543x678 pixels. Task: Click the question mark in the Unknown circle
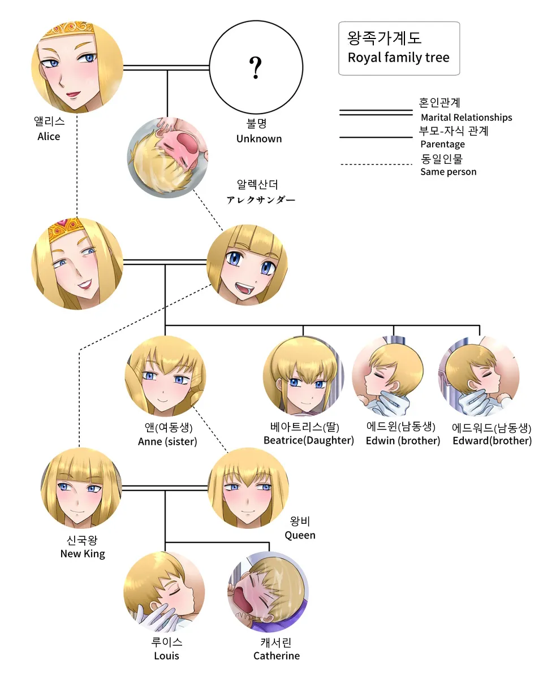[x=256, y=67]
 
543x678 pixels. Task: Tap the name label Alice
[x=49, y=136]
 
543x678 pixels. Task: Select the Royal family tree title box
[x=399, y=48]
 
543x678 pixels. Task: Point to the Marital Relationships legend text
[x=466, y=118]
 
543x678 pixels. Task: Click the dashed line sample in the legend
[x=376, y=165]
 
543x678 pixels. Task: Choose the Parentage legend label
[x=442, y=144]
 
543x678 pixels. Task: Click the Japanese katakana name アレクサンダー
[x=261, y=200]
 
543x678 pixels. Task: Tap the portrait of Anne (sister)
[x=165, y=376]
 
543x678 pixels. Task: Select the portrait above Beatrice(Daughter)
[x=304, y=376]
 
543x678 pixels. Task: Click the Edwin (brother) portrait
[x=392, y=376]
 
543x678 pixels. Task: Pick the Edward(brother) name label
[x=492, y=441]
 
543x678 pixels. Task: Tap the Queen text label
[x=300, y=535]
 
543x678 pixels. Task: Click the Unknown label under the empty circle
[x=258, y=138]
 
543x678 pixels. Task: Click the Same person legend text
[x=448, y=172]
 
